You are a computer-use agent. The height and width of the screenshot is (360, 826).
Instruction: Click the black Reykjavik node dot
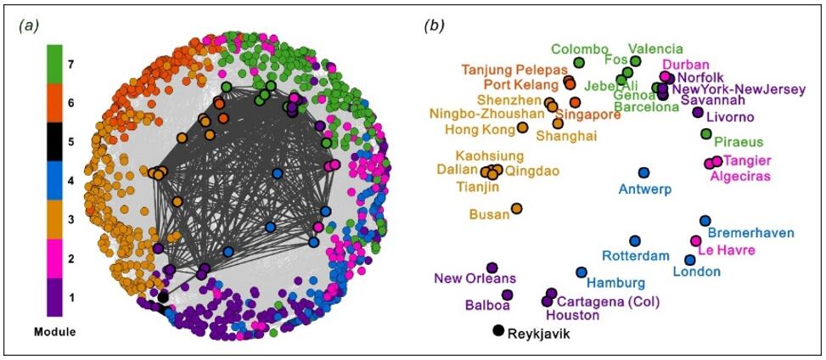497,331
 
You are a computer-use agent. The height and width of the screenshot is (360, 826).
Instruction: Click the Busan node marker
516,208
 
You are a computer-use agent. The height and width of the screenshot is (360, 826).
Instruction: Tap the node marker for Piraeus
705,134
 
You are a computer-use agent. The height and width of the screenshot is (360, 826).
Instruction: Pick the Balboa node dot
507,295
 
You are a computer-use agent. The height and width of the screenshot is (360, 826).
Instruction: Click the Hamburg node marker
582,273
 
